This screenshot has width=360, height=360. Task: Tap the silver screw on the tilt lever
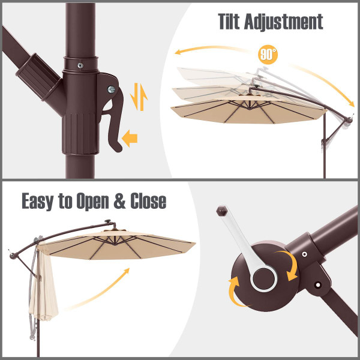(x=110, y=89)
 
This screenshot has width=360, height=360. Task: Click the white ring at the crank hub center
(x=262, y=277)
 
